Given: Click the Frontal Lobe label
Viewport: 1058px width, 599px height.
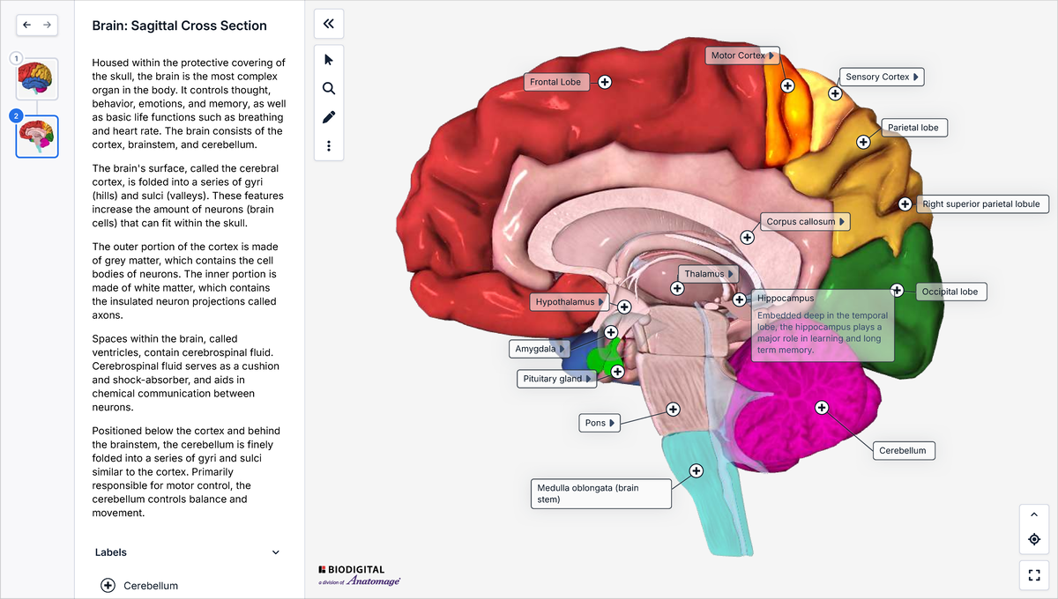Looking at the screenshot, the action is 556,82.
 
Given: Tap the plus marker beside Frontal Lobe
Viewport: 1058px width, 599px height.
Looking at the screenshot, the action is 605,82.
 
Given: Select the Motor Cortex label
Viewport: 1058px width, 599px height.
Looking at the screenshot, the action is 742,55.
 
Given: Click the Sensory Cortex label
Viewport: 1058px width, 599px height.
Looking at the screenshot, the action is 882,77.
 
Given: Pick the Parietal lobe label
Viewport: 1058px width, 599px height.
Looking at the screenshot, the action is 914,128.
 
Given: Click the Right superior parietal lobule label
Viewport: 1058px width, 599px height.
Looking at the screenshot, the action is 982,203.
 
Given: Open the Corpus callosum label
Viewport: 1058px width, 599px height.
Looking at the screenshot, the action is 805,221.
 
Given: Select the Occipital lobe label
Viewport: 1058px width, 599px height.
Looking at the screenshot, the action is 950,292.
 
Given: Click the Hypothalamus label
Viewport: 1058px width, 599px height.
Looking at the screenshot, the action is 570,301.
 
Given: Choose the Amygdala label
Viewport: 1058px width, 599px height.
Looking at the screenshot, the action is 540,349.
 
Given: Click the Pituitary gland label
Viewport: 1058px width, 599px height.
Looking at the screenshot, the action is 557,379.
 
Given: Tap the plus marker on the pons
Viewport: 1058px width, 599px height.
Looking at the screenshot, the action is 673,410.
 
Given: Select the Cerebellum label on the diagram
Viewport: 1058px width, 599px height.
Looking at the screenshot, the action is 904,450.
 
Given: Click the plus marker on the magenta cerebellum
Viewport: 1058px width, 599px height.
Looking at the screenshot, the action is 822,407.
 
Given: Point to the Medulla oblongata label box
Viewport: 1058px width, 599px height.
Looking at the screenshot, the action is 600,494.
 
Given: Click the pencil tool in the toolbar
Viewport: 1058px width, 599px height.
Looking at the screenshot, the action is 329,117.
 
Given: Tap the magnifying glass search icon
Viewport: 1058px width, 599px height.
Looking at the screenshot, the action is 329,88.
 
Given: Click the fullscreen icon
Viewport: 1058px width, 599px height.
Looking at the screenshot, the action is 1034,575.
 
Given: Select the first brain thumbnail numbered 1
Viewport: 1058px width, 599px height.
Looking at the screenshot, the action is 37,78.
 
